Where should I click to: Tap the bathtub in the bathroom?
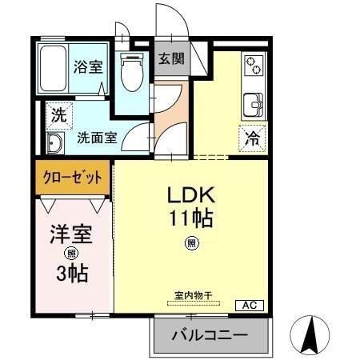54,70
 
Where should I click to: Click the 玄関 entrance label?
170,58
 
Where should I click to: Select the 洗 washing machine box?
58,114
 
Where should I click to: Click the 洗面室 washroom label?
97,137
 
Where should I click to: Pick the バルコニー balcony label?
209,336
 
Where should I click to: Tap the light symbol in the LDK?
192,243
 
